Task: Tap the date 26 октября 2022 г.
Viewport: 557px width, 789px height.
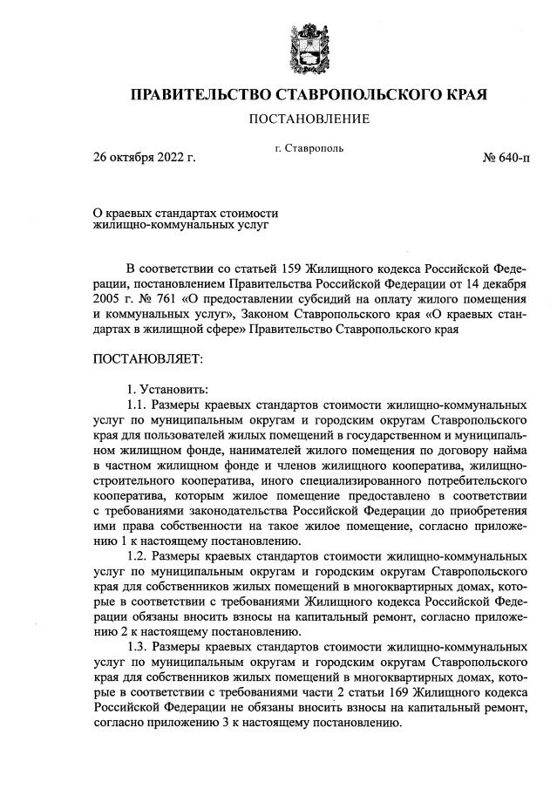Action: pyautogui.click(x=145, y=159)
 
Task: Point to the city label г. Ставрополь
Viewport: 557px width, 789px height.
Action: pyautogui.click(x=308, y=148)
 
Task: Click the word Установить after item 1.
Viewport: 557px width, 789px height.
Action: pyautogui.click(x=174, y=390)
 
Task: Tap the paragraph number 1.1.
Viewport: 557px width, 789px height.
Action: pyautogui.click(x=138, y=405)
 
